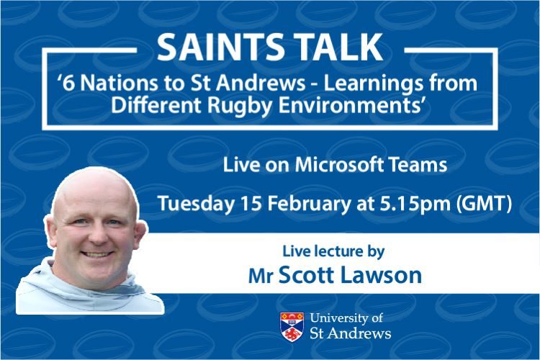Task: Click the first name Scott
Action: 304,275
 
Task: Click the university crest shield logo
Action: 292,325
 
